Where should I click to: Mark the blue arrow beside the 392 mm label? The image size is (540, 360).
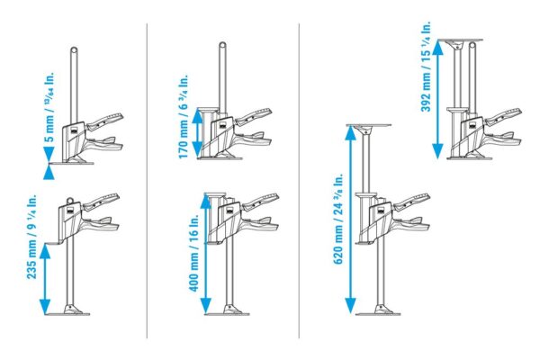coord(439,100)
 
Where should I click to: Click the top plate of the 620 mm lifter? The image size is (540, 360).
coord(368,127)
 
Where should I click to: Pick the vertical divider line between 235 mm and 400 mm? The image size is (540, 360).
coord(147,180)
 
